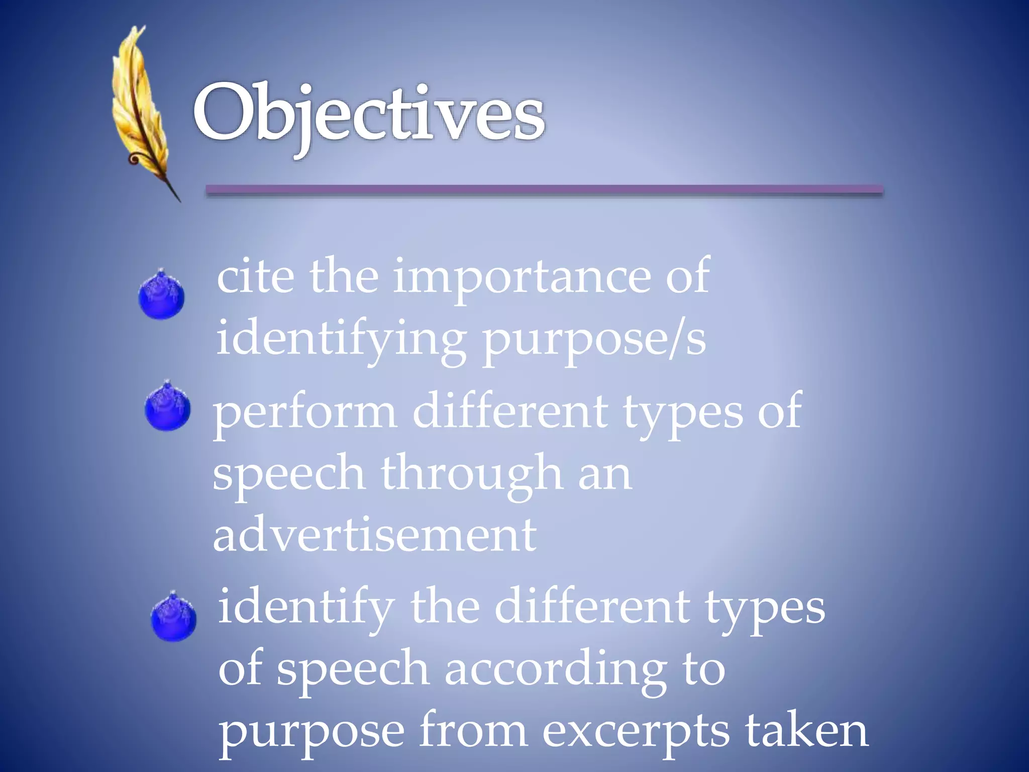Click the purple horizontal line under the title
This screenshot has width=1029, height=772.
tap(544, 190)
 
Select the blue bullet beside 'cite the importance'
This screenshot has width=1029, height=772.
tap(161, 296)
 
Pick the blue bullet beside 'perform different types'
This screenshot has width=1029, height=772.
tap(167, 407)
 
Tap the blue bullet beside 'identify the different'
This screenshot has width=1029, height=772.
tap(173, 618)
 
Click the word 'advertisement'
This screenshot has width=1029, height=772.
tap(374, 535)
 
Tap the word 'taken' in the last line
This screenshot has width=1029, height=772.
tap(806, 731)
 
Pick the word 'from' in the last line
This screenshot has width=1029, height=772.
tap(473, 731)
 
